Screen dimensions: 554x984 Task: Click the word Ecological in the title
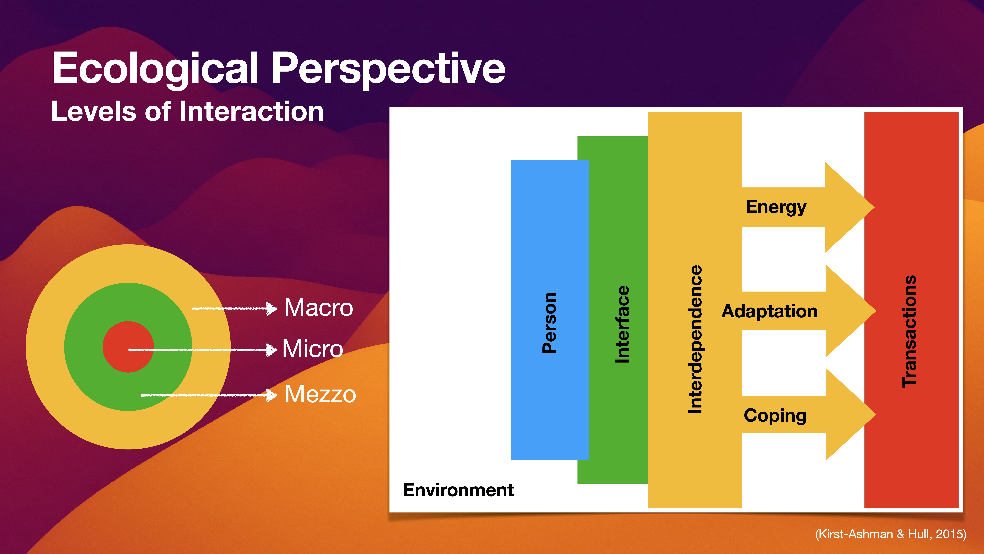[155, 69]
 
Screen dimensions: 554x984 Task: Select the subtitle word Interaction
[251, 112]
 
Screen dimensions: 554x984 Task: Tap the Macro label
[319, 308]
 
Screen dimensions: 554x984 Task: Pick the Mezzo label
[320, 394]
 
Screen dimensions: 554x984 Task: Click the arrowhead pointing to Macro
[272, 309]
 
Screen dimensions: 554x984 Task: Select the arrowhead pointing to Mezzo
[272, 395]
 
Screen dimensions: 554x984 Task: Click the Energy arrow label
[776, 207]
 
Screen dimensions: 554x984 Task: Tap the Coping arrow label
[775, 416]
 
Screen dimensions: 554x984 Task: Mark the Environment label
[458, 490]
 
